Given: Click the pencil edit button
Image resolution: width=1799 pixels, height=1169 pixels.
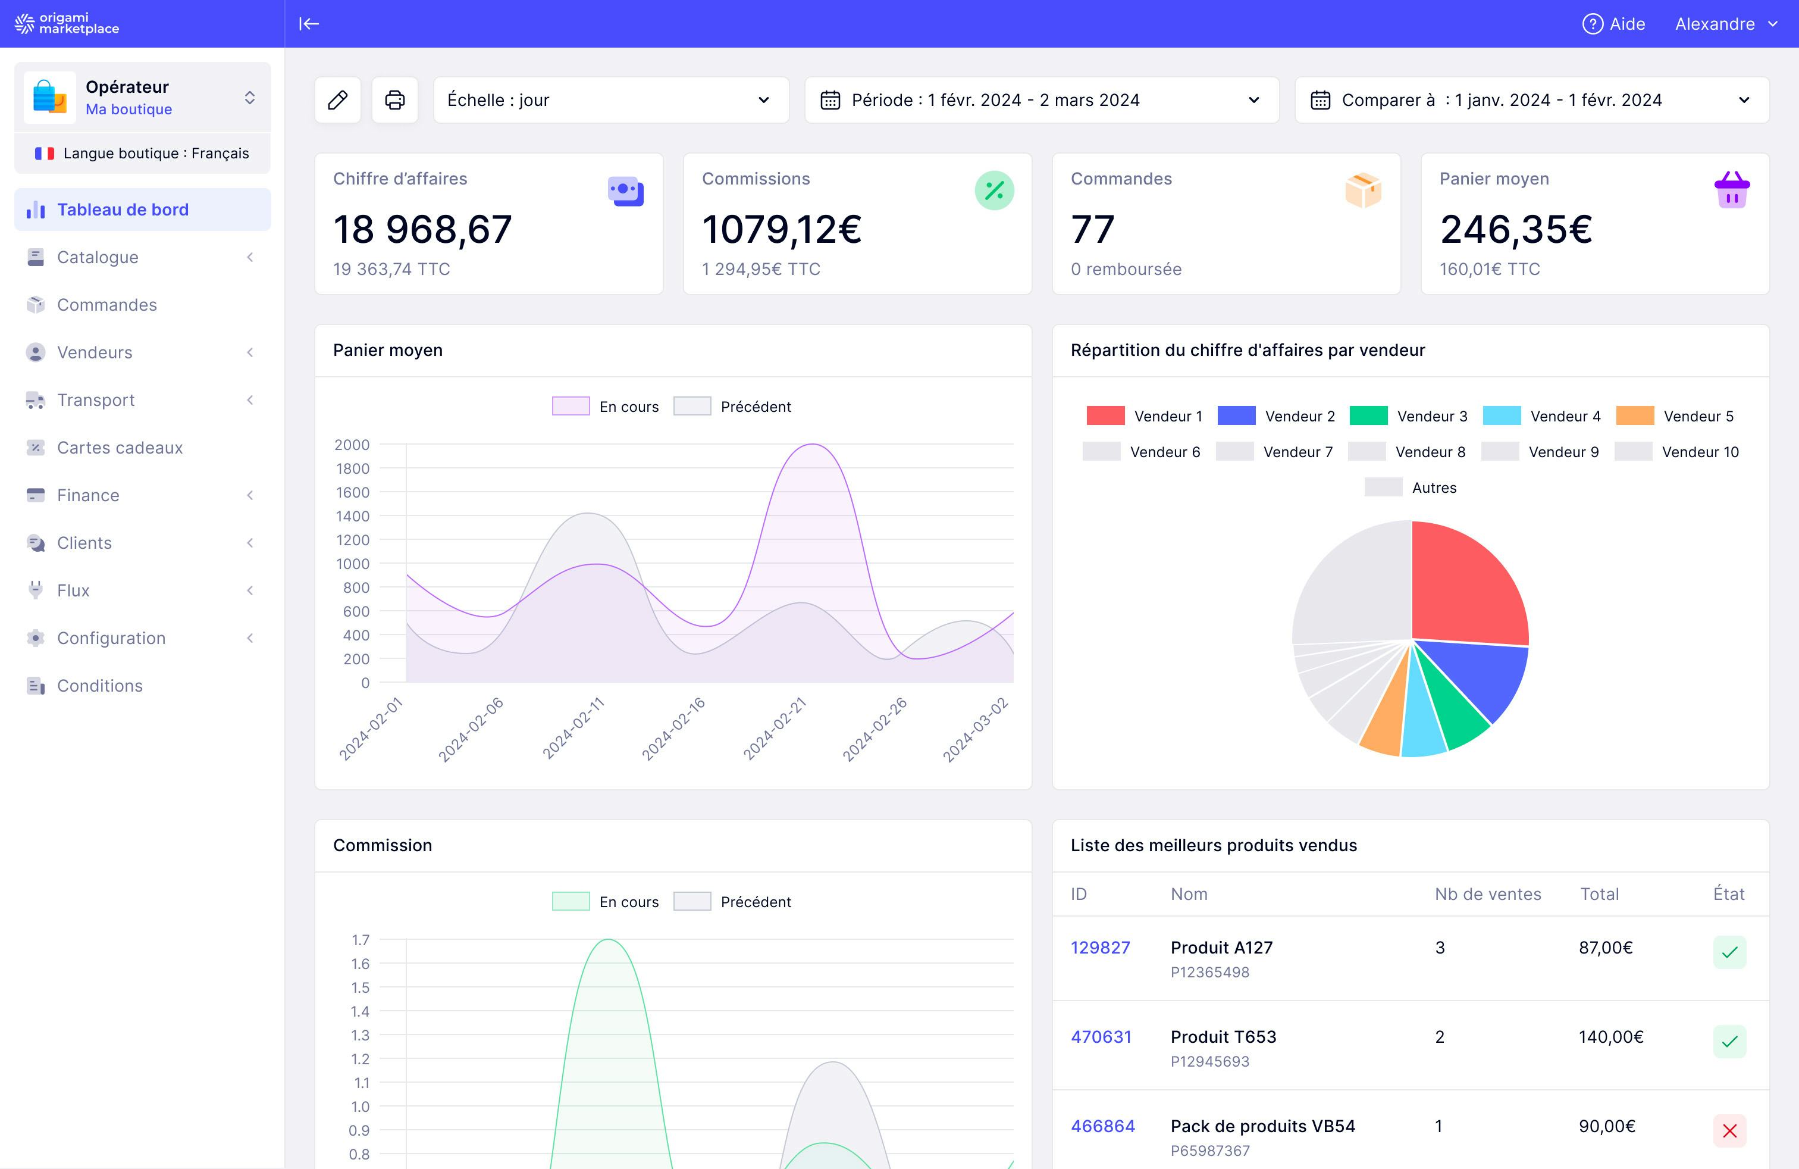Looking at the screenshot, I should coord(338,100).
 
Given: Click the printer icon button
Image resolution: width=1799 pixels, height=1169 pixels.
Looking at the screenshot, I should coord(394,100).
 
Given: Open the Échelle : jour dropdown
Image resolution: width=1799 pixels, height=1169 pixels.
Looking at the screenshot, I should coord(611,100).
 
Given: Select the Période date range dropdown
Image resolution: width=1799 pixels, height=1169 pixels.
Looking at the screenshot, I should coord(1041,100).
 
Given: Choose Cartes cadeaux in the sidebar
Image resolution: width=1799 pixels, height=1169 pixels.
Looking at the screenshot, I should coord(120,448).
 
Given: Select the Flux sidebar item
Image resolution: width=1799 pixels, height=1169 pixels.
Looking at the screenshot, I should coord(73,590).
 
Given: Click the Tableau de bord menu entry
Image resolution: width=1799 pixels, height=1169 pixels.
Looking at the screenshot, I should coord(123,210).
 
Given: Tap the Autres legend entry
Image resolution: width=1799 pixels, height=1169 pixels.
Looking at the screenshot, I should coord(1411,487).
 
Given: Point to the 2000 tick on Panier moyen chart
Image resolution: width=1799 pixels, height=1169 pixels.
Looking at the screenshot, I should coord(352,445).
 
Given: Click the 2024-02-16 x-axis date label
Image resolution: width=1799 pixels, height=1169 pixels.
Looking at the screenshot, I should coord(673,729).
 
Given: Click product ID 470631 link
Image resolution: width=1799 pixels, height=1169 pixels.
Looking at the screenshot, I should coord(1101,1037).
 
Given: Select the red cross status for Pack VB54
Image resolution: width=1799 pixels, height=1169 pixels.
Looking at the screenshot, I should coord(1729,1131).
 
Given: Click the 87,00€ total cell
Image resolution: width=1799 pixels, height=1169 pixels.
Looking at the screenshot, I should coord(1606,948).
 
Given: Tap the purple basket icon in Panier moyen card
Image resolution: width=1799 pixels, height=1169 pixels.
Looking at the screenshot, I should coord(1732,190).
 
